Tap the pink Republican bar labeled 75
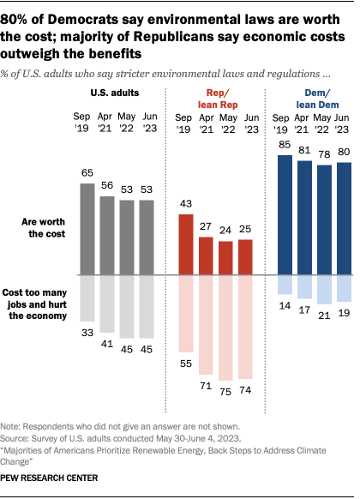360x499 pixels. click(225, 328)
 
